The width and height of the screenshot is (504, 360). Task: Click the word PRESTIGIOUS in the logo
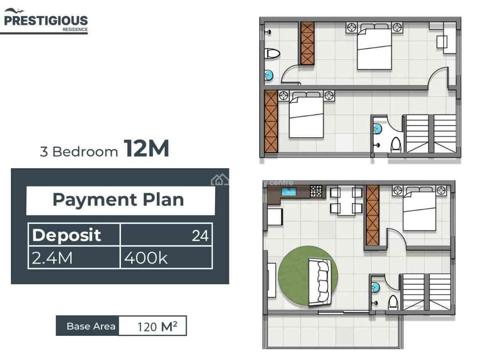pyautogui.click(x=46, y=21)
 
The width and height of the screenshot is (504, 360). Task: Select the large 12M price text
pyautogui.click(x=146, y=148)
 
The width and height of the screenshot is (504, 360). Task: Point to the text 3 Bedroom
pyautogui.click(x=79, y=152)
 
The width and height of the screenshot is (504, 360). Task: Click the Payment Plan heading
pyautogui.click(x=118, y=200)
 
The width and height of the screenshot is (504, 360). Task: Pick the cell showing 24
pyautogui.click(x=200, y=236)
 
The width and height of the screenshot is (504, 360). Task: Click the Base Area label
pyautogui.click(x=91, y=326)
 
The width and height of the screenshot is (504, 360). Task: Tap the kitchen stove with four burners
pyautogui.click(x=316, y=192)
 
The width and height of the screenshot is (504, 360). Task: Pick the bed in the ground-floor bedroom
pyautogui.click(x=419, y=210)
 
